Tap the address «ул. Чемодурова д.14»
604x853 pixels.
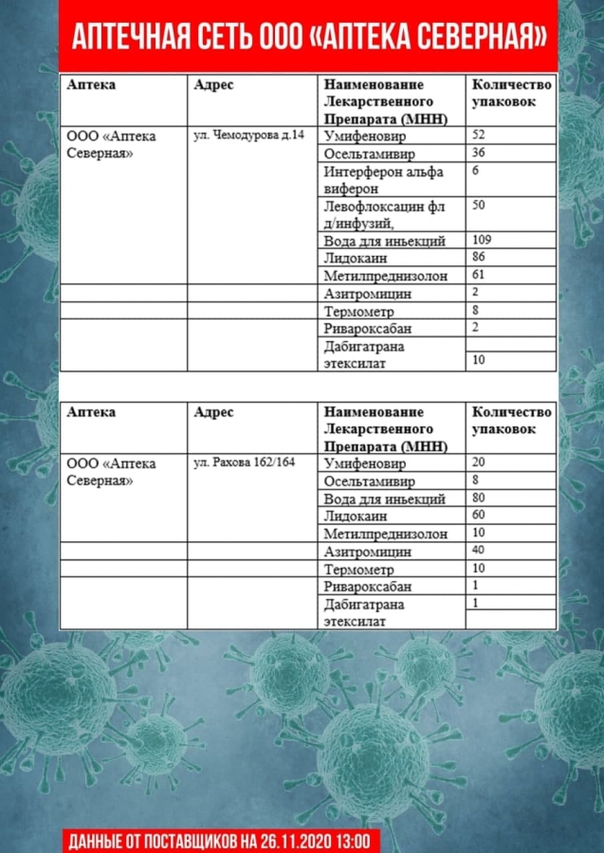[249, 136]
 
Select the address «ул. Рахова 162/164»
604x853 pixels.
[244, 463]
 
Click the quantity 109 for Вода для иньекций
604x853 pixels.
[483, 240]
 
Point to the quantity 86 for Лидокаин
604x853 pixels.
[479, 257]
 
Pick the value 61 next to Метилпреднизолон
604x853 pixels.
[479, 274]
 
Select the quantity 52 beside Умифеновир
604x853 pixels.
[479, 136]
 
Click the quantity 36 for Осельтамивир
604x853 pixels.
[479, 153]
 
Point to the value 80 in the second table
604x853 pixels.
[479, 498]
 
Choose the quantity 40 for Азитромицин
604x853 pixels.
[479, 550]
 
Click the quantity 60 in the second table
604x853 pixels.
[479, 515]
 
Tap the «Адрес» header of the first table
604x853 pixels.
[213, 84]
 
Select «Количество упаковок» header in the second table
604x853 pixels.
[511, 421]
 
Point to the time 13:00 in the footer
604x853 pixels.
[358, 841]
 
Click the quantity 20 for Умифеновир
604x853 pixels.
[479, 463]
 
